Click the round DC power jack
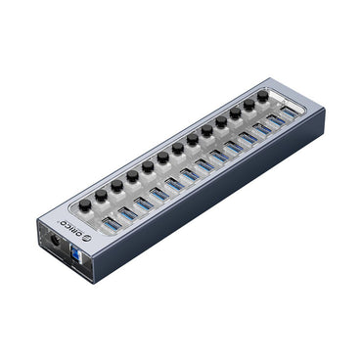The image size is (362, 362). (57, 240)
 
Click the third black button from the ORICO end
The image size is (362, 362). (116, 185)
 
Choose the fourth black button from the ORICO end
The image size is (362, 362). (132, 177)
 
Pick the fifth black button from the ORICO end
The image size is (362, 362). (148, 166)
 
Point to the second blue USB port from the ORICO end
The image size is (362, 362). (126, 214)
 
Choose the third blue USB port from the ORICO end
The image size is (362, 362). (142, 205)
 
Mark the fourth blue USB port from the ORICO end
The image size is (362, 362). (158, 195)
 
